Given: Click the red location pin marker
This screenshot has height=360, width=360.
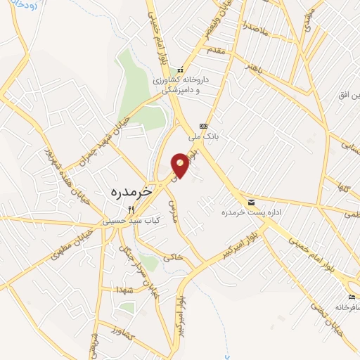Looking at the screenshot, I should point(180,165).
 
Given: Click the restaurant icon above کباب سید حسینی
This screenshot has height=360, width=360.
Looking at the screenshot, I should point(131,210).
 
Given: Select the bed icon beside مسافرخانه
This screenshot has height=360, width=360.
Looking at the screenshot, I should point(352,297).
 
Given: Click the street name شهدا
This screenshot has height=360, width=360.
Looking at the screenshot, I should point(116,289).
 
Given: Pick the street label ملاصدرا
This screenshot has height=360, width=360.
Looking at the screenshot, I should point(254,30).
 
